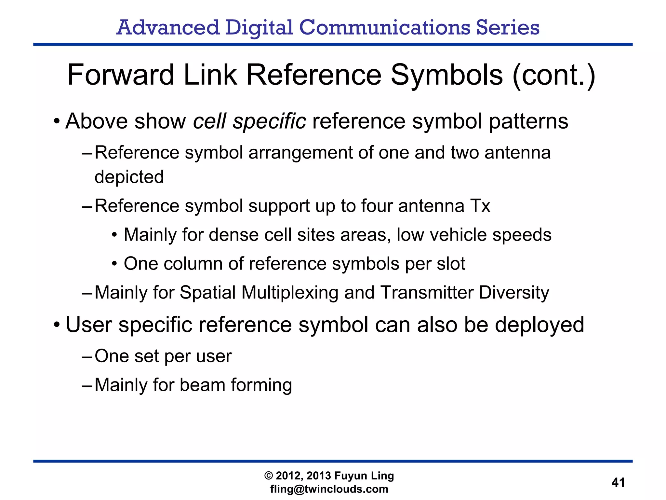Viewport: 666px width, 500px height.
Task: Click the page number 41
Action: [x=618, y=482]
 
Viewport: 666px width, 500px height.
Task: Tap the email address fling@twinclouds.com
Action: [x=329, y=489]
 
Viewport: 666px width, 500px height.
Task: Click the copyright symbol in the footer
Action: [x=269, y=476]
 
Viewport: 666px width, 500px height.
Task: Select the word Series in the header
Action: [x=508, y=27]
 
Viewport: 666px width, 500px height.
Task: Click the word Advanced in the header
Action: [x=168, y=27]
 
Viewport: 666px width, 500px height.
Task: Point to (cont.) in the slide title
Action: [x=554, y=76]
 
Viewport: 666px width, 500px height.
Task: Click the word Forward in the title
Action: [x=120, y=76]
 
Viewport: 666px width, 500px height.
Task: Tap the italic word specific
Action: [x=269, y=122]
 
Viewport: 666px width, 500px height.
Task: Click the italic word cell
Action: [x=209, y=121]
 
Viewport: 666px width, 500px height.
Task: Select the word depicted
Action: [x=129, y=177]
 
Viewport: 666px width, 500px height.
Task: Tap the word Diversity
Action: [x=514, y=292]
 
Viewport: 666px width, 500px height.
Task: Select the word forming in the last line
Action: [x=261, y=385]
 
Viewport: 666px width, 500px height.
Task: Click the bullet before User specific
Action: [x=57, y=325]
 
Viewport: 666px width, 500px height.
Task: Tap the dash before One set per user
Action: [x=87, y=356]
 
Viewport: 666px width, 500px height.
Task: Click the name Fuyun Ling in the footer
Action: [x=364, y=476]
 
